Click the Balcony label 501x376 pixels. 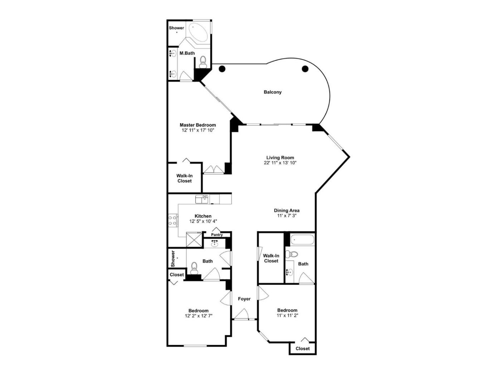pyautogui.click(x=273, y=92)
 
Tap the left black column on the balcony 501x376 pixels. pyautogui.click(x=222, y=69)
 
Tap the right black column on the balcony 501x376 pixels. pyautogui.click(x=305, y=69)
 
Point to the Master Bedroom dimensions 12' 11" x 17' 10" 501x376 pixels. pyautogui.click(x=198, y=130)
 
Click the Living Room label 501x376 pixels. pyautogui.click(x=280, y=157)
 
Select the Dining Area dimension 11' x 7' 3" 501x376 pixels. pyautogui.click(x=287, y=215)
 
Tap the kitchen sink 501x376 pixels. pyautogui.click(x=202, y=199)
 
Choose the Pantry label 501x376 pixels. pyautogui.click(x=217, y=235)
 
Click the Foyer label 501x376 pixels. pyautogui.click(x=244, y=299)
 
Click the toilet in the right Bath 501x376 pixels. pyautogui.click(x=292, y=254)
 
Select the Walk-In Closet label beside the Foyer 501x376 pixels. pyautogui.click(x=271, y=258)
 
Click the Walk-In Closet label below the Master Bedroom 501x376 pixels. pyautogui.click(x=184, y=179)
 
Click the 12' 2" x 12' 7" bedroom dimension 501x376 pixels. pyautogui.click(x=199, y=316)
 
